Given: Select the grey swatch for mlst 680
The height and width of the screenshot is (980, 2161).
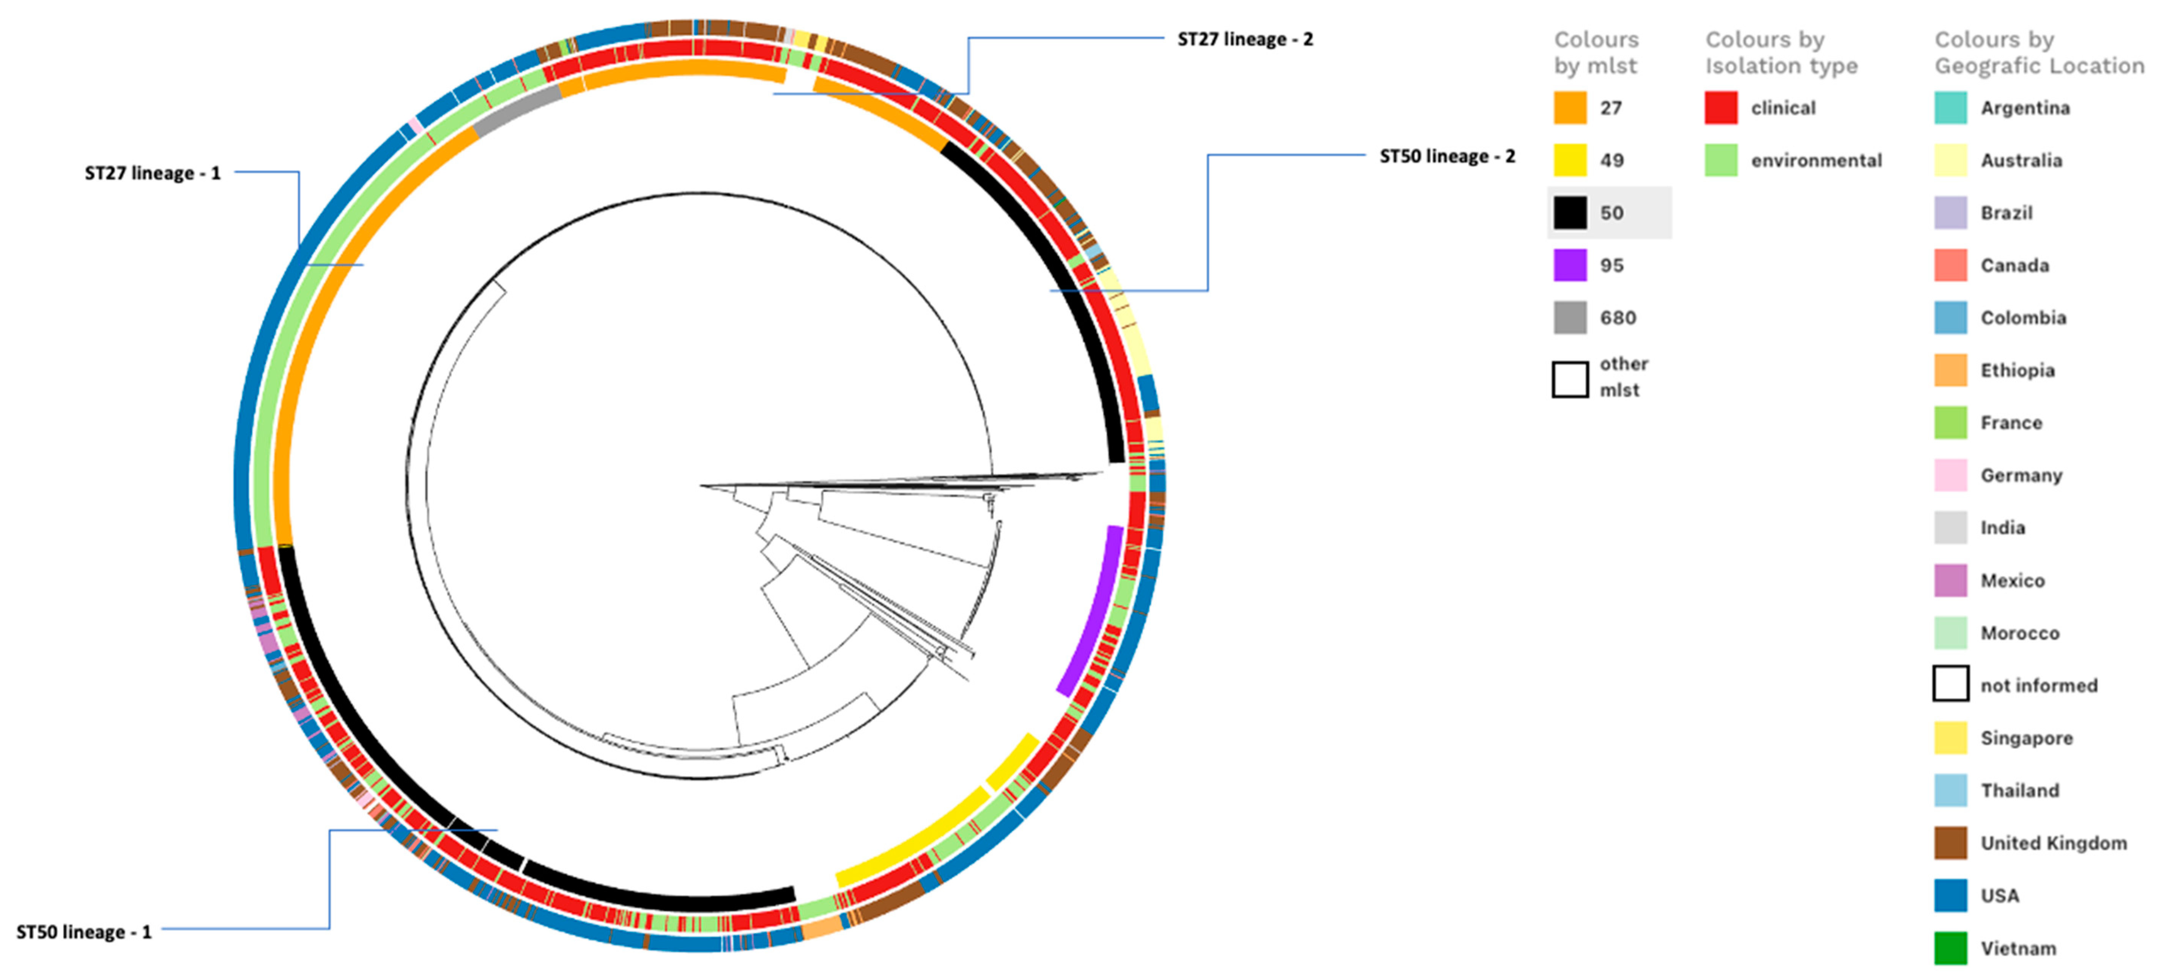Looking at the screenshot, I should click(1570, 318).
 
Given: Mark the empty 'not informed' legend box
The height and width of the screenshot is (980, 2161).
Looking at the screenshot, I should click(1950, 684).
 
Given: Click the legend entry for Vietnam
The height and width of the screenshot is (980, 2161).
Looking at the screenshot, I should click(2018, 948).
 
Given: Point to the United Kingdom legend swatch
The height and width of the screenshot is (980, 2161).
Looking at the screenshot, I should click(1950, 842).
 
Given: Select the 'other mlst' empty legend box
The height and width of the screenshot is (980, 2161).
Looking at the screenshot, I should click(1570, 379).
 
